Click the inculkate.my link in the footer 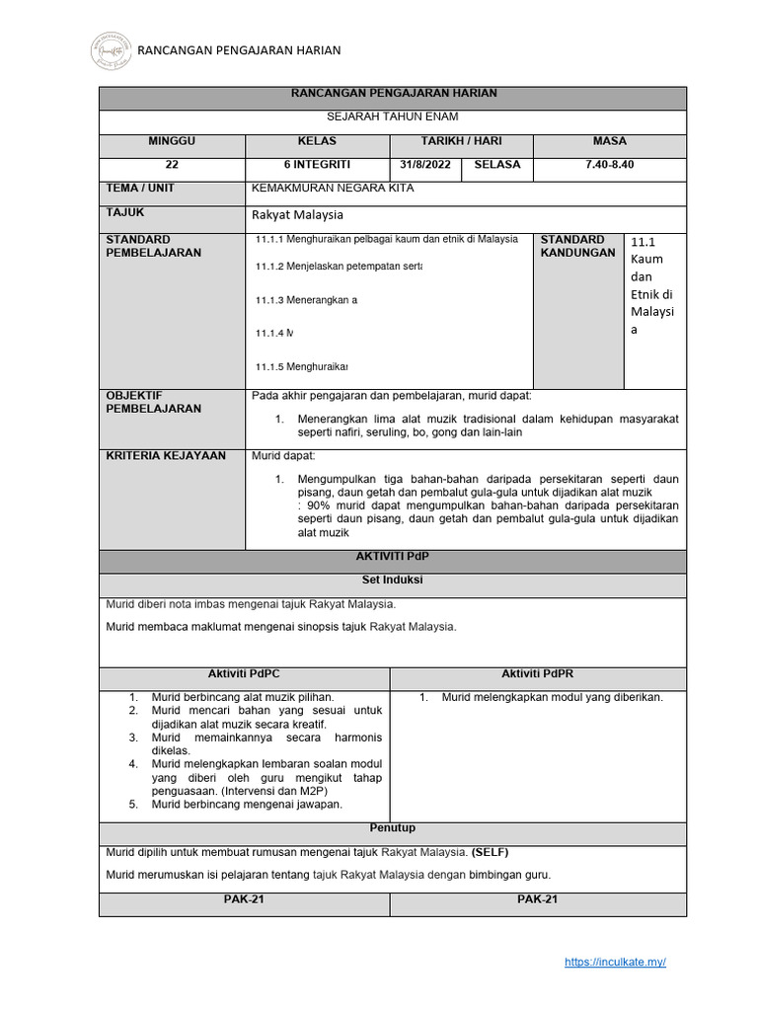[616, 962]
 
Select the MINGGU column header [172, 142]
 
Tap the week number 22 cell [172, 165]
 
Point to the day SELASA [496, 165]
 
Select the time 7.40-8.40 [609, 165]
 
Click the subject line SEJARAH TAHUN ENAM [393, 117]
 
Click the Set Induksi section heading [393, 581]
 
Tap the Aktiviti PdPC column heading [245, 673]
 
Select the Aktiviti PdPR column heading [538, 673]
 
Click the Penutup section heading [393, 828]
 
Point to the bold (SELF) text [491, 852]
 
